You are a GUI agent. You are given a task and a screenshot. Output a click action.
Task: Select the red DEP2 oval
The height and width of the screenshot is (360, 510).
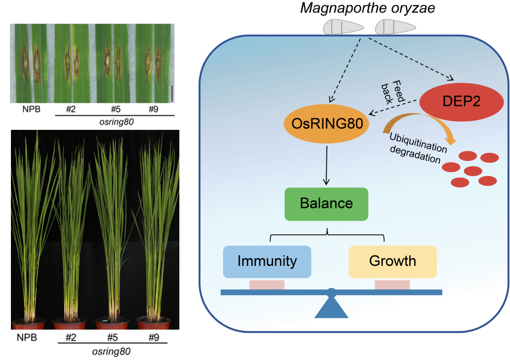[x=461, y=101]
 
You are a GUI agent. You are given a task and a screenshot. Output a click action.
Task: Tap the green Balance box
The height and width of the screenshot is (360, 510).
[x=326, y=203]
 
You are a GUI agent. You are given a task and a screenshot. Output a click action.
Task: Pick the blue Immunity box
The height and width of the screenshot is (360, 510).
[x=267, y=261]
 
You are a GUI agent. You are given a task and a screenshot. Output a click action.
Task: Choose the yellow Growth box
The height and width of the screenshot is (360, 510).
[x=393, y=261]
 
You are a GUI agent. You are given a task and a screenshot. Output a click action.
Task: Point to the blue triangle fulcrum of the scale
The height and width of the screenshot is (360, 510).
[x=331, y=308]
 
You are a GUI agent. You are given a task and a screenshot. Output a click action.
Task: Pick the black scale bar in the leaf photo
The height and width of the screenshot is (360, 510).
[x=171, y=94]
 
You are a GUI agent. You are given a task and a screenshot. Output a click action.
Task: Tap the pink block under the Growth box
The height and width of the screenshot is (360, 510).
[x=392, y=285]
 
